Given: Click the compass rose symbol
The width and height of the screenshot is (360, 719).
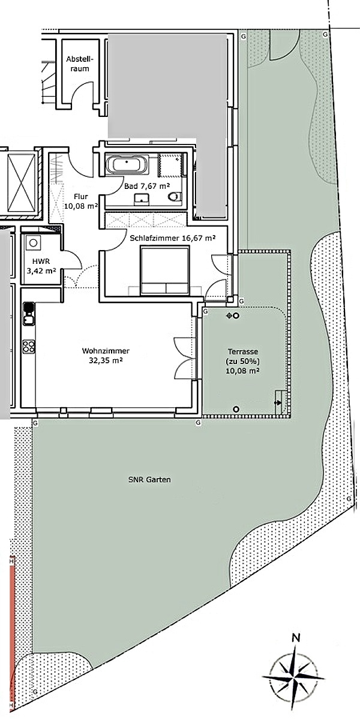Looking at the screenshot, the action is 293,677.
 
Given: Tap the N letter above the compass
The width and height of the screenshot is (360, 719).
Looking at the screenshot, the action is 297,637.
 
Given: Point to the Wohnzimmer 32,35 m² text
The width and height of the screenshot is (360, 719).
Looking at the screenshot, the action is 106,356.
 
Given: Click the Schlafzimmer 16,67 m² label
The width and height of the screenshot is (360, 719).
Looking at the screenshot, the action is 173,238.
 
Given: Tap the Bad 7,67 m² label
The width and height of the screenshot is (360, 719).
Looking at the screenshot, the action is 147,186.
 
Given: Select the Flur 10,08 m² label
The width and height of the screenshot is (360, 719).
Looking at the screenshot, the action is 81,201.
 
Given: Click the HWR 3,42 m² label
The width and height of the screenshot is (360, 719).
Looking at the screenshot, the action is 41,267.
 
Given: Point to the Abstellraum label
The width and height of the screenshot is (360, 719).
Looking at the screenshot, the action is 77,64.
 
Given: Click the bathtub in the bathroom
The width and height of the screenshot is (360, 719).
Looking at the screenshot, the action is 127,165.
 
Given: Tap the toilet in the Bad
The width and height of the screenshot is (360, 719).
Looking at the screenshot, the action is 175,197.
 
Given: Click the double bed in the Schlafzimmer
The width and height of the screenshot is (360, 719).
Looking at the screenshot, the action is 165,270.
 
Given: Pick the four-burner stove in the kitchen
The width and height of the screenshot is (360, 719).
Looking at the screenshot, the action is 29,346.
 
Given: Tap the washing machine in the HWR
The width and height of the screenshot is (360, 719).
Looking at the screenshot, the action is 33,242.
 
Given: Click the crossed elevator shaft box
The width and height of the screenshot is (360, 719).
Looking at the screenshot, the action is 22,183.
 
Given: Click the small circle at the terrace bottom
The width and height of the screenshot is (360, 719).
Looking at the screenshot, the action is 236,409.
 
